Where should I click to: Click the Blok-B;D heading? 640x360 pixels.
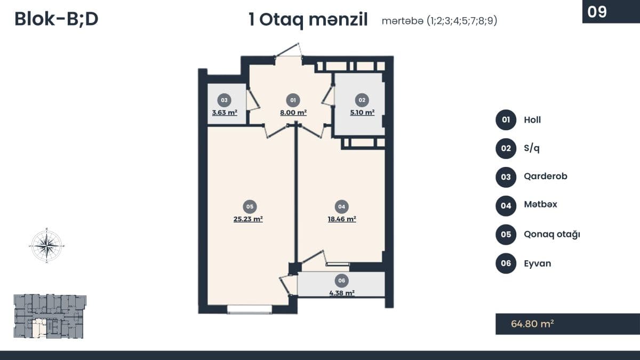(56, 19)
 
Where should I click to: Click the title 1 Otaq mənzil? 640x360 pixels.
(308, 20)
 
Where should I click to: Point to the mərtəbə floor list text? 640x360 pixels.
(439, 21)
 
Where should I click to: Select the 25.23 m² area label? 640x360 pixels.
(248, 219)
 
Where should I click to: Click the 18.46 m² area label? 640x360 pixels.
(342, 219)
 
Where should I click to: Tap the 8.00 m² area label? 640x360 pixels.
(292, 113)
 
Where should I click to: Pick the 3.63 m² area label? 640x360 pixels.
(224, 113)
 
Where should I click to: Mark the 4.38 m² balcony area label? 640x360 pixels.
(342, 292)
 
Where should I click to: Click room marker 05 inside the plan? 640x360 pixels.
(249, 206)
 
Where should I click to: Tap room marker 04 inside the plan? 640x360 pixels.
(342, 206)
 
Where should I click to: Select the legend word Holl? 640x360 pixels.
(532, 120)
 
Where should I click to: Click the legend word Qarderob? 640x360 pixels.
(546, 176)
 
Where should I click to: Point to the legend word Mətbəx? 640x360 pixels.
(540, 204)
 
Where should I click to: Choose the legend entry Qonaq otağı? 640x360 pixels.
(552, 234)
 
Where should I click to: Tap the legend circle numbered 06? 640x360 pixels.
(506, 263)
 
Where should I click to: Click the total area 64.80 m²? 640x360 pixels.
(532, 324)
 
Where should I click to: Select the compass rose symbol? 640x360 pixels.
(47, 245)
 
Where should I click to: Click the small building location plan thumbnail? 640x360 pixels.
(49, 316)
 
